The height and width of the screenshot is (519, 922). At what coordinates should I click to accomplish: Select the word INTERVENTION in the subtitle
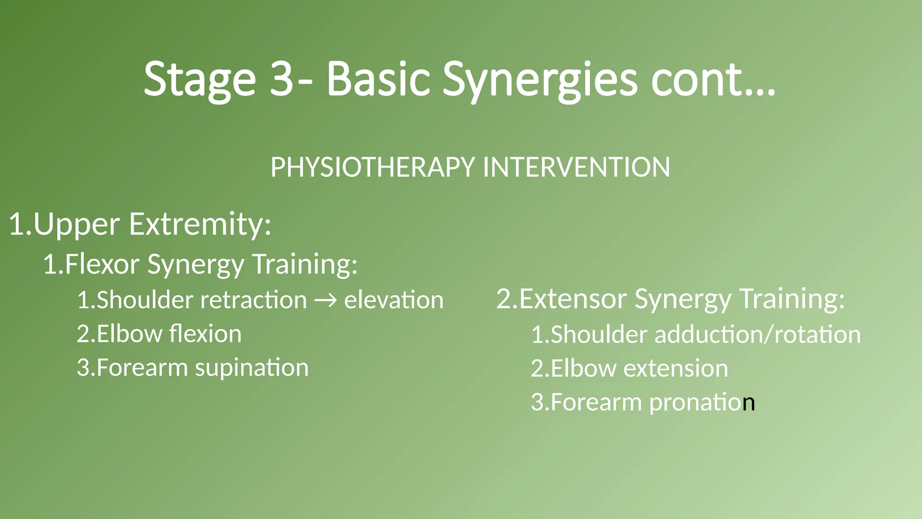coord(576,167)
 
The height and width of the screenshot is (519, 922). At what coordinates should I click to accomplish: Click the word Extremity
coord(200,224)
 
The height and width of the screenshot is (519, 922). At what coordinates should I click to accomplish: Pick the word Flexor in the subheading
coord(102,264)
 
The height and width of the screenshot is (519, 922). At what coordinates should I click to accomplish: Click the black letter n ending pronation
coord(749,403)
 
